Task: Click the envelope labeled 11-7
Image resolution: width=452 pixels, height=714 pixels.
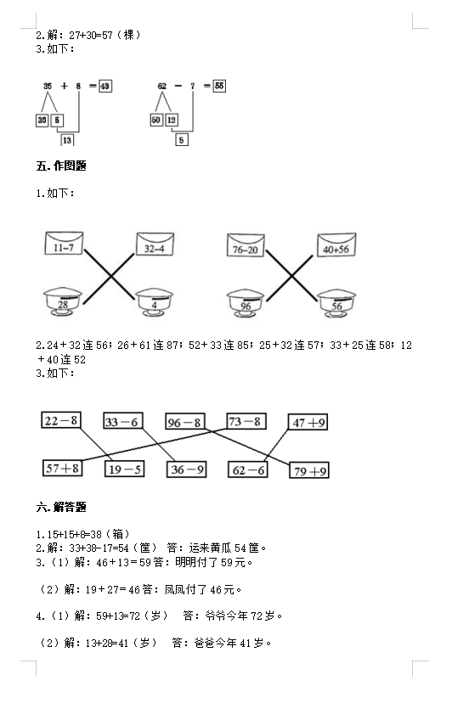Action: click(x=64, y=243)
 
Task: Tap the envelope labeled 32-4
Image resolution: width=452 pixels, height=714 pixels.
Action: click(x=155, y=244)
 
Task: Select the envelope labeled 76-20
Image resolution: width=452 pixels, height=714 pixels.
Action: click(x=246, y=245)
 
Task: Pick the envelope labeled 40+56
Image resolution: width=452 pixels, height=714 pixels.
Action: click(x=336, y=245)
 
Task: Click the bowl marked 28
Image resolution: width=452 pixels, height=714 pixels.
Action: click(x=62, y=302)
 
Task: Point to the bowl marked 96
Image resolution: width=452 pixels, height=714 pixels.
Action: click(x=246, y=303)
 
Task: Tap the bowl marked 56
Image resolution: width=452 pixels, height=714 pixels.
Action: click(x=336, y=303)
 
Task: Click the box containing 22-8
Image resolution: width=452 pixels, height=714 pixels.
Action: click(x=61, y=420)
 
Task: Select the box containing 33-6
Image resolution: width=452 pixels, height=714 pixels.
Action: click(x=122, y=421)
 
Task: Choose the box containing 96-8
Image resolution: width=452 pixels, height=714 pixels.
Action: click(x=184, y=422)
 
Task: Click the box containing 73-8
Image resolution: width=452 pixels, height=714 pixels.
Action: click(x=246, y=421)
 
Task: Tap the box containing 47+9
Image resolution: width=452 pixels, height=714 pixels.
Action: click(x=308, y=422)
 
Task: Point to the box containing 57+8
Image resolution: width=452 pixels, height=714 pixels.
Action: click(x=62, y=468)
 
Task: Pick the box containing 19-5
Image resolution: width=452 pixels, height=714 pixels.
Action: click(x=124, y=469)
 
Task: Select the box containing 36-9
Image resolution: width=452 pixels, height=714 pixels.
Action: click(x=187, y=469)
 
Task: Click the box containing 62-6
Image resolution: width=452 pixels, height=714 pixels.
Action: click(x=248, y=469)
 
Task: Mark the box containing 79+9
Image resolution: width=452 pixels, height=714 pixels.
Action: click(x=309, y=470)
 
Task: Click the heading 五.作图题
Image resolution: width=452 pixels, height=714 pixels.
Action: click(x=61, y=166)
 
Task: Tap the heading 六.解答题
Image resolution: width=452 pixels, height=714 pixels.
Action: click(x=61, y=507)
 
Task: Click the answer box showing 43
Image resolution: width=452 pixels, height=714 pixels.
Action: click(x=105, y=86)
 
